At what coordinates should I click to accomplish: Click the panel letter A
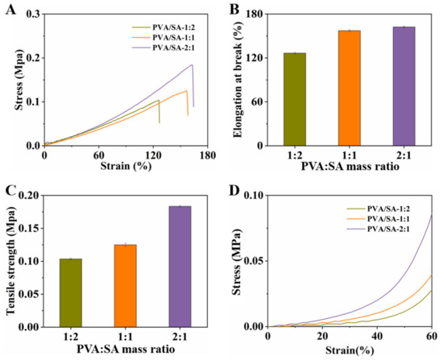10,10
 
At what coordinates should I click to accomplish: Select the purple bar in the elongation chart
404,86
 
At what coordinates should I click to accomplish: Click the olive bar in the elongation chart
295,99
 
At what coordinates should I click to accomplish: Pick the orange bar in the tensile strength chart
126,286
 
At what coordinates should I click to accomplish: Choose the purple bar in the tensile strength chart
180,267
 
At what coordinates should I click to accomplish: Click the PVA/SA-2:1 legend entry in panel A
164,48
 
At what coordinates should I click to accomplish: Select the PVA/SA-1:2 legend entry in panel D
379,209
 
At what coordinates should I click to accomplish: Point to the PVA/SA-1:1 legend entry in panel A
164,38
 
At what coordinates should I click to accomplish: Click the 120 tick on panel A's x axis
153,155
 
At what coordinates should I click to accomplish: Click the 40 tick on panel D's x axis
377,337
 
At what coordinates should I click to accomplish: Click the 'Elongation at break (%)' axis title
238,80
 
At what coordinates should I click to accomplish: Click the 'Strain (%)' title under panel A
126,166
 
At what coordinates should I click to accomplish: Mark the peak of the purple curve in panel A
193,64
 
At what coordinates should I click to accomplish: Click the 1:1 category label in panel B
350,155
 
